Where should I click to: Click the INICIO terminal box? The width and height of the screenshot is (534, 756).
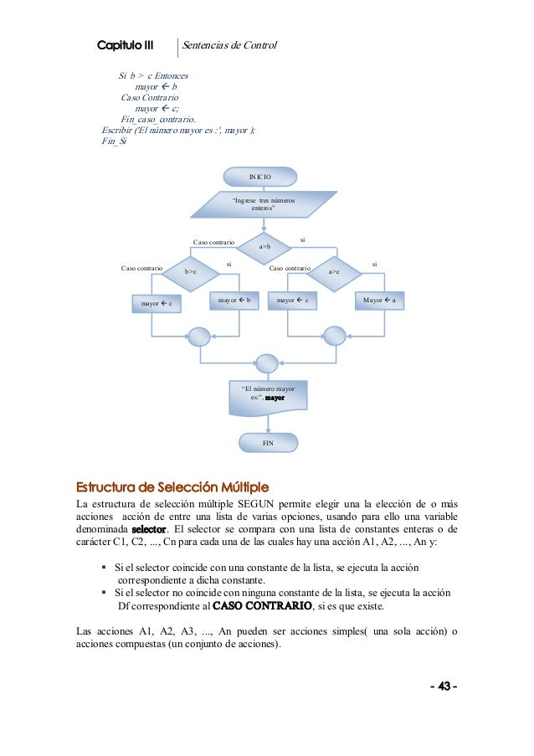pyautogui.click(x=260, y=177)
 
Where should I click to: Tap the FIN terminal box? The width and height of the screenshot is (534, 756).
pyautogui.click(x=267, y=442)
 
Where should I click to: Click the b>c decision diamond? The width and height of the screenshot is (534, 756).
pyautogui.click(x=190, y=271)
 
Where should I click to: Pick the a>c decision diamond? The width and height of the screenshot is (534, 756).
pyautogui.click(x=333, y=271)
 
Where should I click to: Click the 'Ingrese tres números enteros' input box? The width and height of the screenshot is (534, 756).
pyautogui.click(x=264, y=204)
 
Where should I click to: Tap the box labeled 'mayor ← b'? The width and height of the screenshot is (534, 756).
pyautogui.click(x=234, y=301)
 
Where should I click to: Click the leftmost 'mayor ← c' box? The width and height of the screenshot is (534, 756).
pyautogui.click(x=157, y=304)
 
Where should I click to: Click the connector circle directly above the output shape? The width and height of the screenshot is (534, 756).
pyautogui.click(x=266, y=363)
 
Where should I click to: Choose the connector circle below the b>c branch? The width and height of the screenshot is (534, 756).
pyautogui.click(x=199, y=336)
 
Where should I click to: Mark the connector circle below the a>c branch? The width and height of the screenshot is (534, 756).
pyautogui.click(x=334, y=336)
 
